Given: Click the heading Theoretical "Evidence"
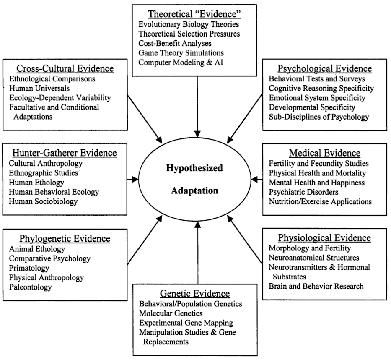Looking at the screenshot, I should (195, 13).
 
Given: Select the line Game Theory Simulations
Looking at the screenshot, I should (181, 53).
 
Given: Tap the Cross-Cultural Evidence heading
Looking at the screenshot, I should (65, 68).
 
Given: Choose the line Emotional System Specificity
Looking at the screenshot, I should (317, 98).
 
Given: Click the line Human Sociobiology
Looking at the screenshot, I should (43, 201).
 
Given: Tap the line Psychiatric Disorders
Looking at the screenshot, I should (303, 192).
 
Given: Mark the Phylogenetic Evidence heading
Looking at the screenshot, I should (65, 239).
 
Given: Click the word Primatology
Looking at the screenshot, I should (29, 268).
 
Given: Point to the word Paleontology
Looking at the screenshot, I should (31, 287).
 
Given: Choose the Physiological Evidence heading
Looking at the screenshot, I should (324, 238).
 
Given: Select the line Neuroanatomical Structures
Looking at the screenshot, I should (314, 257).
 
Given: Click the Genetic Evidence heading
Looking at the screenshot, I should (195, 293).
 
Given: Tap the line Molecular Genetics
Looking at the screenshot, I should (171, 313).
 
